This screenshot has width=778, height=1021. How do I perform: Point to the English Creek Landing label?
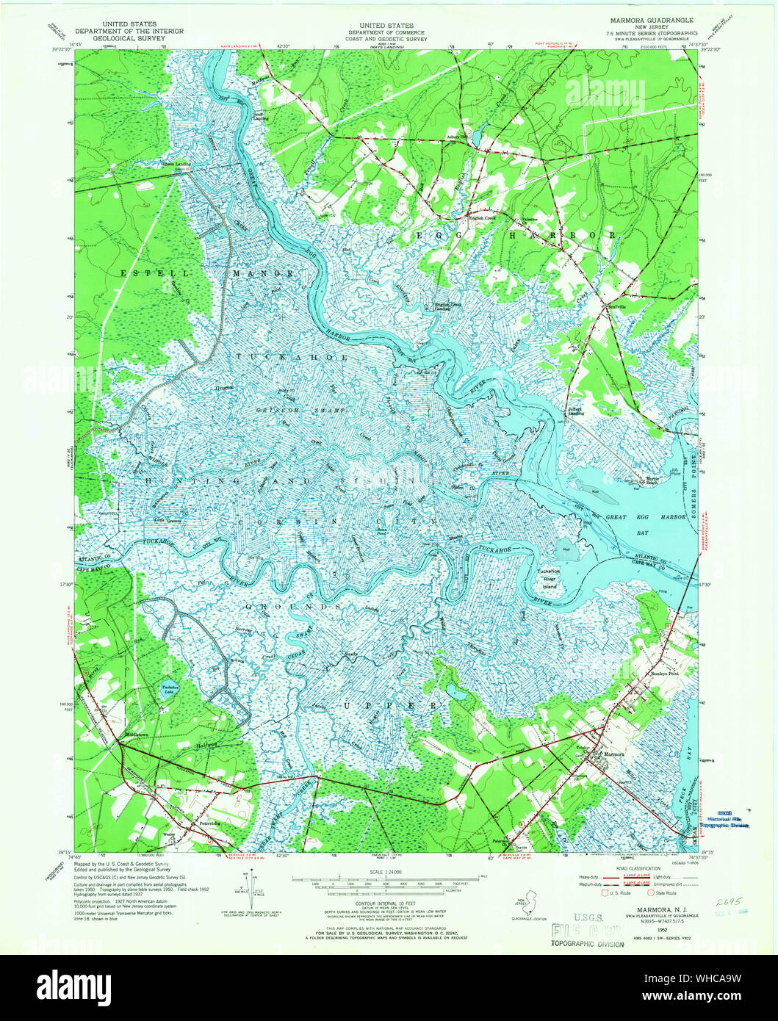click(442, 306)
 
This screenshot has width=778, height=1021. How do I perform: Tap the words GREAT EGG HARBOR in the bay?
click(635, 517)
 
